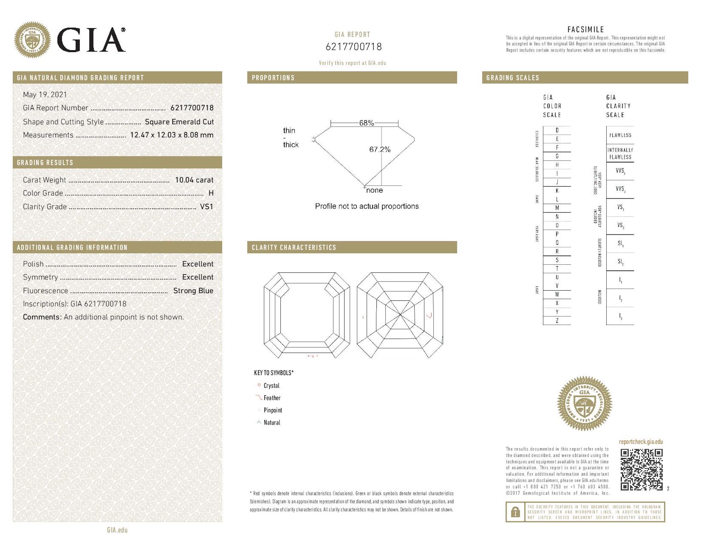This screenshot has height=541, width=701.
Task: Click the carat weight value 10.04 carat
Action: (194, 180)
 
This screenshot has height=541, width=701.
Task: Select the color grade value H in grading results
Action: (211, 193)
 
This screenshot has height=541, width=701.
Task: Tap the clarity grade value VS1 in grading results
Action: (206, 207)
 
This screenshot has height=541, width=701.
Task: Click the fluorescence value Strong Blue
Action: (193, 291)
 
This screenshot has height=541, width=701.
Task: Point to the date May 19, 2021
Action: (45, 95)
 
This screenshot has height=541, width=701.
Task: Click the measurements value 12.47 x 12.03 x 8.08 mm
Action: (172, 135)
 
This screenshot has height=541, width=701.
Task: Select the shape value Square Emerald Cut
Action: (179, 122)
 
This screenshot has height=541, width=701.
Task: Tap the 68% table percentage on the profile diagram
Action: (366, 123)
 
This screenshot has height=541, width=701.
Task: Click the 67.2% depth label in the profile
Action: (380, 150)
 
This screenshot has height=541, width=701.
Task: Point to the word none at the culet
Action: (374, 190)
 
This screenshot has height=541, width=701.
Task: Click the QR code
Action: (641, 470)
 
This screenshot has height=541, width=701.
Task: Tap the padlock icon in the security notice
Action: (515, 512)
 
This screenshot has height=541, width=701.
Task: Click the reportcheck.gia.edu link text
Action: (641, 442)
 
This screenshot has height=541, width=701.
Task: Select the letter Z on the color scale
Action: (557, 321)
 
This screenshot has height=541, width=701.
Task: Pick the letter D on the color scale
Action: (557, 130)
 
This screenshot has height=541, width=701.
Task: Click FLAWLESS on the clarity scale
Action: (620, 135)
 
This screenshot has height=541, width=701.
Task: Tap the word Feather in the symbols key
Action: (272, 398)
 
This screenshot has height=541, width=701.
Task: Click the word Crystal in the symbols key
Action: (271, 386)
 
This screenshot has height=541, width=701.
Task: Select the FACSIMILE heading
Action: (585, 29)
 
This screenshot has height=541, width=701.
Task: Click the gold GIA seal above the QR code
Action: (585, 403)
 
